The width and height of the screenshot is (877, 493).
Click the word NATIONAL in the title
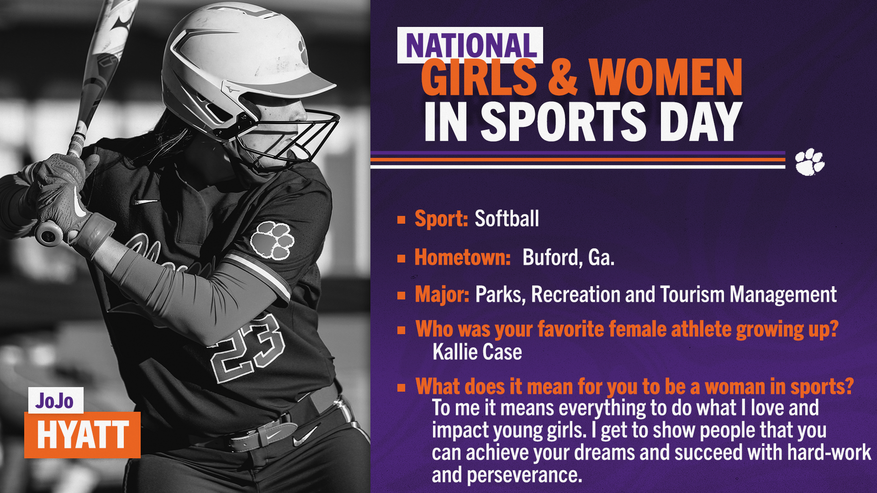point(471,46)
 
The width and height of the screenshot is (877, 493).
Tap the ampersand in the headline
point(563,78)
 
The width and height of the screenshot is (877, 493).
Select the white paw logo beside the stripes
point(809,162)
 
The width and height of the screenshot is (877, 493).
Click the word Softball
point(507,219)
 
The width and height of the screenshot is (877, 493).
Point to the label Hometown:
point(462,257)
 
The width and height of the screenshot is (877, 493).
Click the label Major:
point(442,295)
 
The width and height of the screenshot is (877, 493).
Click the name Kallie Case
point(477,352)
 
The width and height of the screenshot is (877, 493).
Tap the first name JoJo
point(54,401)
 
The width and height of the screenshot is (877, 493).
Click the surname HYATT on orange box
point(83,435)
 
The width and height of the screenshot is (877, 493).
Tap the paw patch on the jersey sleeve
point(272,240)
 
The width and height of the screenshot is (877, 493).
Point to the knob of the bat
point(49,234)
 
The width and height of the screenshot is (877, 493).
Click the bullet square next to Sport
point(402,220)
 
